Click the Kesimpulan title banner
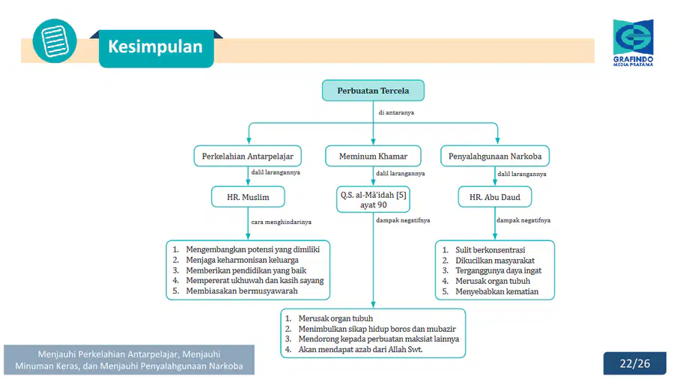[156, 48]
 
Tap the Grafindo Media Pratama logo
[633, 43]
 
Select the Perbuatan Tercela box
[373, 91]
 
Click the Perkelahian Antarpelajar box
[248, 156]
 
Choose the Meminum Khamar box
[373, 156]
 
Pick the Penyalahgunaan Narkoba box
[495, 156]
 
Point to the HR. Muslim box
[248, 197]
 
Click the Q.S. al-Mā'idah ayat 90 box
[373, 199]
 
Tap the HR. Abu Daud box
[495, 197]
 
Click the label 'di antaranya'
[396, 112]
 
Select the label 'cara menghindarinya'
[281, 222]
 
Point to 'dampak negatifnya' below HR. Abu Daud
[523, 220]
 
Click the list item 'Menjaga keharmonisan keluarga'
[242, 260]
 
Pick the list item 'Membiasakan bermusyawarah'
[242, 291]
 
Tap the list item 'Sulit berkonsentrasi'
[490, 249]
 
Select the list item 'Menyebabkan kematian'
[497, 291]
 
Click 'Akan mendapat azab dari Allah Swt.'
[360, 349]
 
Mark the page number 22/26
[635, 363]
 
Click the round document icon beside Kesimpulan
[55, 41]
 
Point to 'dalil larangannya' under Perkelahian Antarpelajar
[276, 172]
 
